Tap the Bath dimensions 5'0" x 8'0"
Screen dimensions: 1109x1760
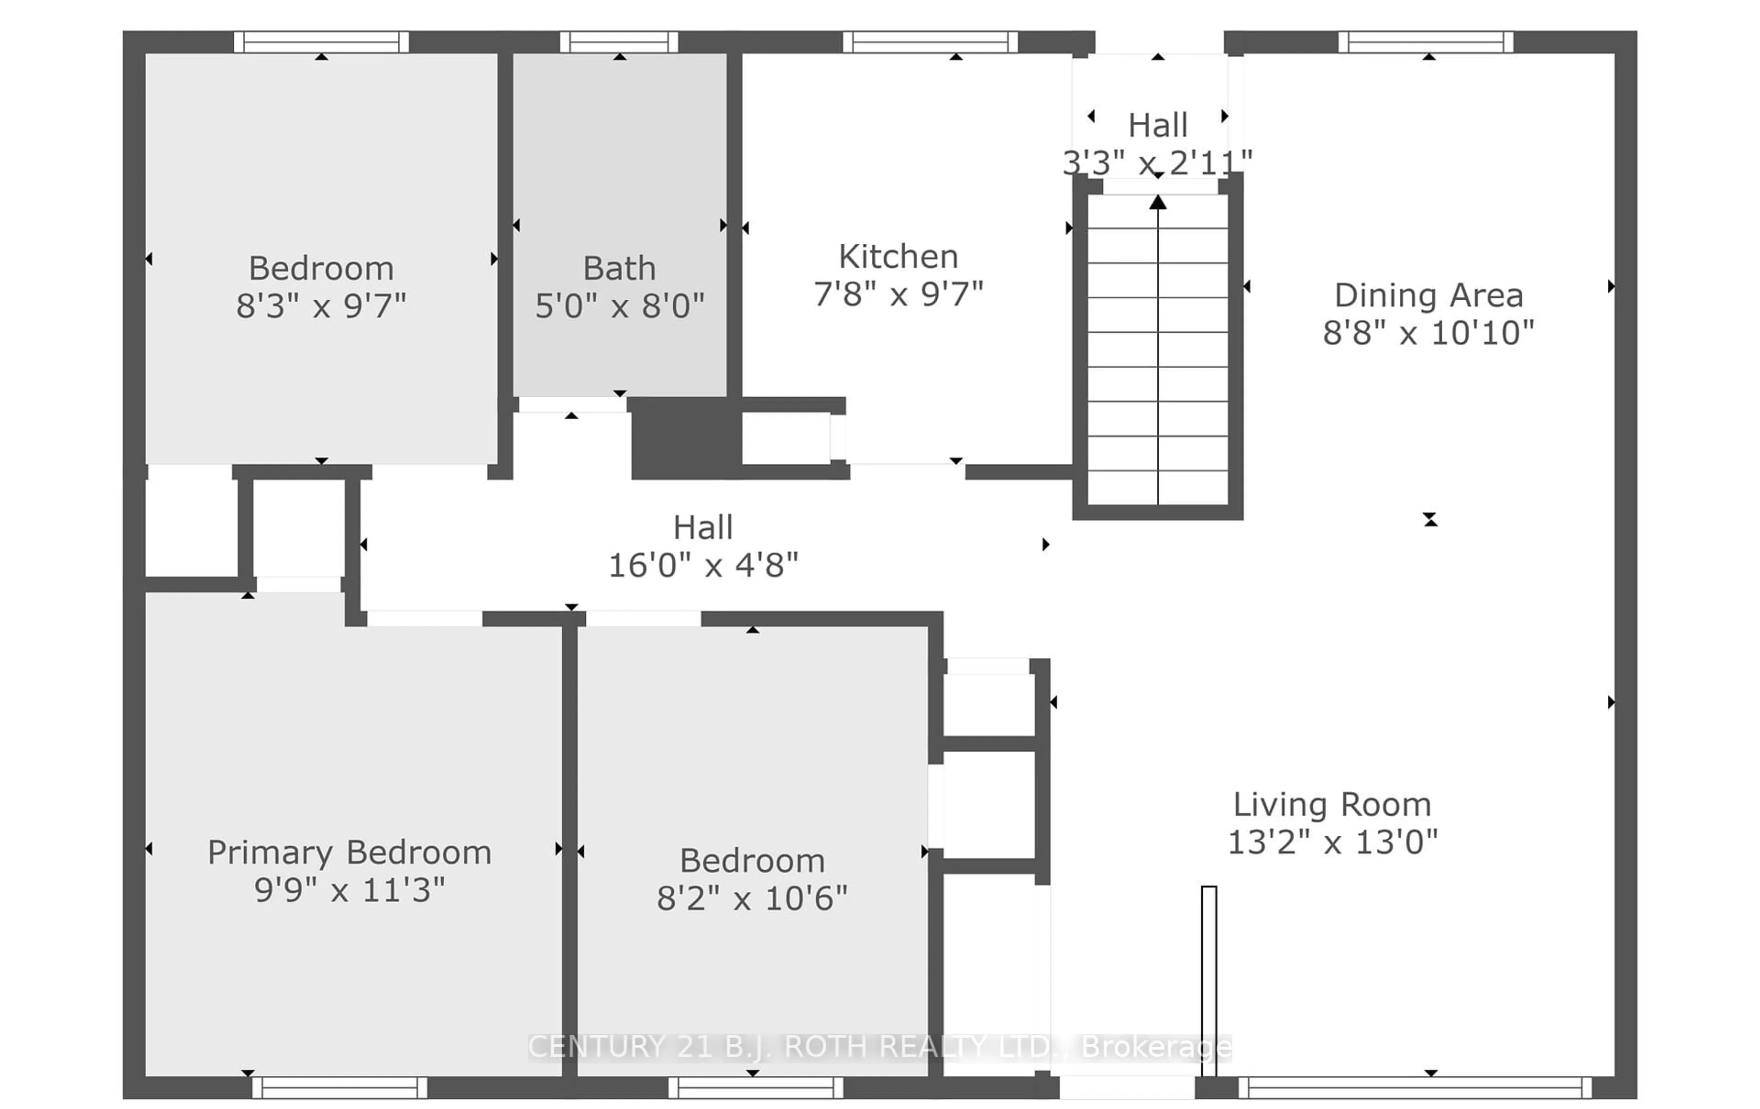pyautogui.click(x=619, y=306)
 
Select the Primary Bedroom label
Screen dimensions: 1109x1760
pyautogui.click(x=349, y=852)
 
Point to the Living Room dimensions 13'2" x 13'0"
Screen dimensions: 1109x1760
pyautogui.click(x=1332, y=842)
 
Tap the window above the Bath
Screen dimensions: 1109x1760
pyautogui.click(x=619, y=42)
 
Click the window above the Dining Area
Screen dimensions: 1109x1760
pyautogui.click(x=1425, y=42)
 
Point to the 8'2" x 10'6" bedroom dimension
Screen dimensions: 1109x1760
pyautogui.click(x=752, y=898)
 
